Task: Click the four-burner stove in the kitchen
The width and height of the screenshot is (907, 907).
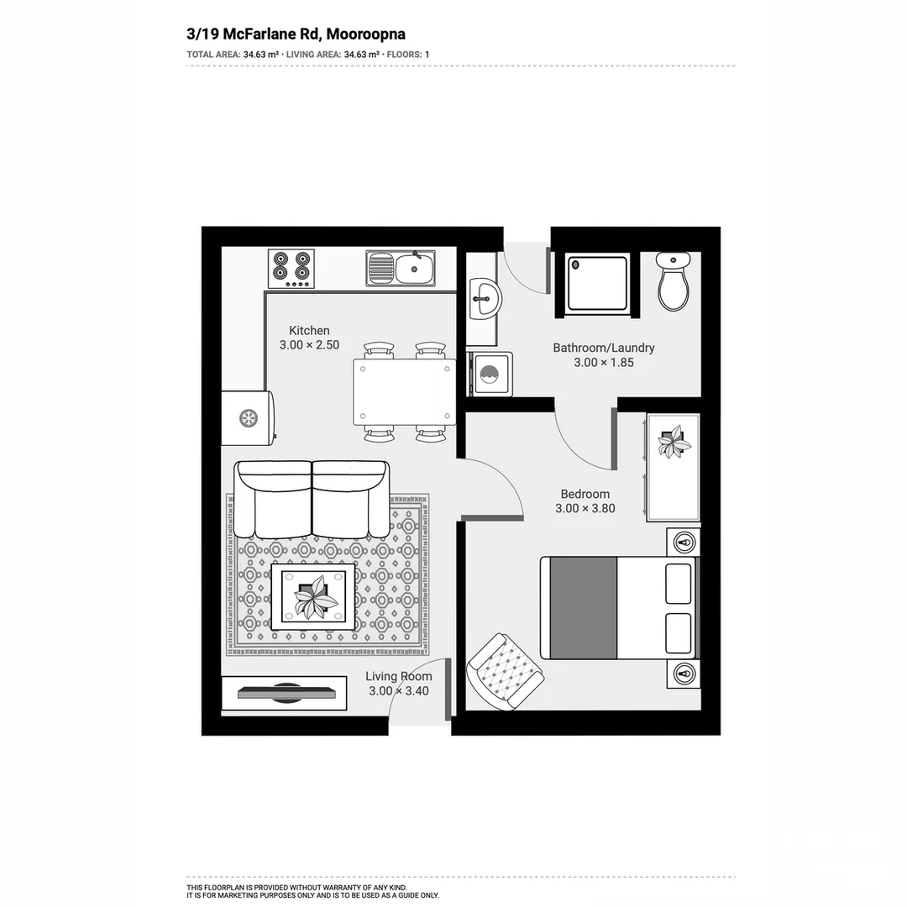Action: pos(291,268)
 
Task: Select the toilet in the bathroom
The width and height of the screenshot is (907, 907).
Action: pos(674,282)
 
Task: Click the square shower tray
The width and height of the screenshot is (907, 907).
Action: pos(597,283)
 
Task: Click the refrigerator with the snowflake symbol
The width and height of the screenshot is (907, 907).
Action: pos(249,417)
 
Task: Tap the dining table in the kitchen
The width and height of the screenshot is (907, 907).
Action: pos(404,392)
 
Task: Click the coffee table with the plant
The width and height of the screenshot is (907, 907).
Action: pos(312,595)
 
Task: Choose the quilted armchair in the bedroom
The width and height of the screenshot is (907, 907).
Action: pos(505,669)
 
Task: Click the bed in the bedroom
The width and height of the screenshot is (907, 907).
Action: pos(619,607)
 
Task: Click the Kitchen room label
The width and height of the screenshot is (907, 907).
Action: pos(309,330)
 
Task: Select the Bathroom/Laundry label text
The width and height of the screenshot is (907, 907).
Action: pos(603,348)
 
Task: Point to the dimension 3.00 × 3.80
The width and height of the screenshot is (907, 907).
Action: pos(585,508)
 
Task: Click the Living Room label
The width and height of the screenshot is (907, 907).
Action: pos(399,676)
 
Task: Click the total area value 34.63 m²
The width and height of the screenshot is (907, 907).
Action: pos(261,55)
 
